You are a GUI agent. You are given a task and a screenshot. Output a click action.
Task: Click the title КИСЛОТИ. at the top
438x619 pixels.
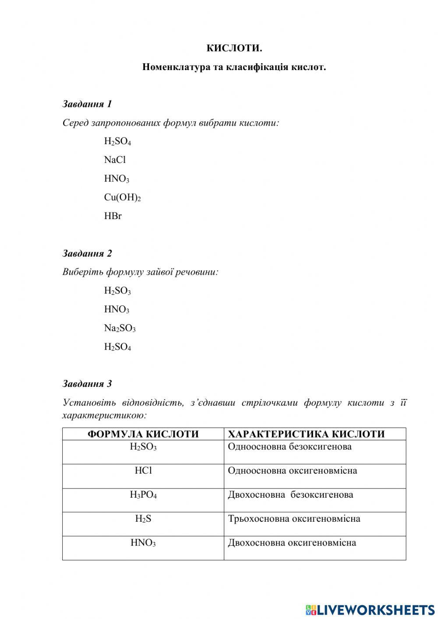point(234,48)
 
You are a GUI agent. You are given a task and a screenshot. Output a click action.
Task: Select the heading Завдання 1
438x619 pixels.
point(87,104)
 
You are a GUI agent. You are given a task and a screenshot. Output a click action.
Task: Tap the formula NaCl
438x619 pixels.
point(115,160)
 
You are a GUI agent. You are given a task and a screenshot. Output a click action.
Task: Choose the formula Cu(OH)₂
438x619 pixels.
point(122,198)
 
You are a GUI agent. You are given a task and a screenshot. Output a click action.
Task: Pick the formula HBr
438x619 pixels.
point(113,216)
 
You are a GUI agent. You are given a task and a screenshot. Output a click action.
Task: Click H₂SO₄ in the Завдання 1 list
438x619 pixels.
point(117,141)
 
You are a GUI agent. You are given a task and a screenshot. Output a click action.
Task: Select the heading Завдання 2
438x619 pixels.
point(87,253)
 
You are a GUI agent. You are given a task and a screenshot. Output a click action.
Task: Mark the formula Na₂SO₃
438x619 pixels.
point(120,328)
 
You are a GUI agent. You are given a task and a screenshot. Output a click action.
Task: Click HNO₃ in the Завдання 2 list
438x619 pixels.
point(117,309)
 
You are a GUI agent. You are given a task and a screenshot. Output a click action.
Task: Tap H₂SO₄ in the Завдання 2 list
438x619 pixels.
point(117,347)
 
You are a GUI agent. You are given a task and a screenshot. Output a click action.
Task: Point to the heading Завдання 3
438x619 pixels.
point(87,384)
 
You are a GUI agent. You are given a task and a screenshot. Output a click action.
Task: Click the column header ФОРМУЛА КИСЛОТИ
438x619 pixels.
point(143,434)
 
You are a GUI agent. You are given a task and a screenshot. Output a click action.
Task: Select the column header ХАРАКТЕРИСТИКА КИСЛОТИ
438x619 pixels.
point(306,434)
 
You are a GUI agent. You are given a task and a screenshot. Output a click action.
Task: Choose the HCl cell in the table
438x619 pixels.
point(143,471)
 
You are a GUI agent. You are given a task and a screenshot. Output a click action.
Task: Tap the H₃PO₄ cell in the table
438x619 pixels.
point(143,495)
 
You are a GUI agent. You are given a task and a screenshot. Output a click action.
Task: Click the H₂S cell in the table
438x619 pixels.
point(143,519)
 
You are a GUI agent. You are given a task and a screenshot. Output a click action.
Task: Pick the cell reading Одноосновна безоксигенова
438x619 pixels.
point(290,447)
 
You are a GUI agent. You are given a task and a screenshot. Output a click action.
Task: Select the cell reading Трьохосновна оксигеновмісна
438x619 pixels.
point(294,519)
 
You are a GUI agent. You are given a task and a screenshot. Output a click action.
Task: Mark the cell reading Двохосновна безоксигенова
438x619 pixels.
point(290,495)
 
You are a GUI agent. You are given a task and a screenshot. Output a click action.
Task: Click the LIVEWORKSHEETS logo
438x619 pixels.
point(370,609)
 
